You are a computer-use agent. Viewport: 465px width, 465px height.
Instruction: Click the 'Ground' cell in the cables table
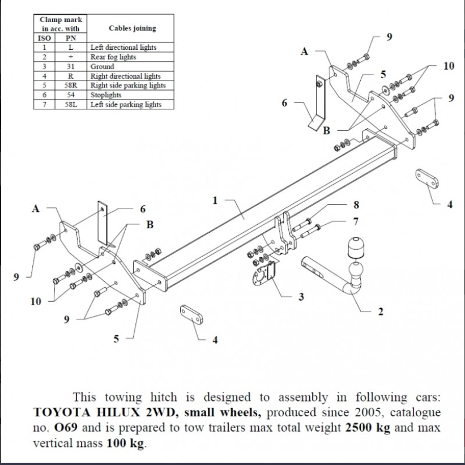[x=102, y=66]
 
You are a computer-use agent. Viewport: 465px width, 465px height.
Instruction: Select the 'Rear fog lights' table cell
[x=113, y=57]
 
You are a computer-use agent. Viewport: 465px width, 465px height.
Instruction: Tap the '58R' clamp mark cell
[x=71, y=86]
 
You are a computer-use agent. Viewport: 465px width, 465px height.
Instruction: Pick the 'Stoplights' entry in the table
[x=106, y=95]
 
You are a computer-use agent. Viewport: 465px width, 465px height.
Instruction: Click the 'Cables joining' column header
[x=132, y=28]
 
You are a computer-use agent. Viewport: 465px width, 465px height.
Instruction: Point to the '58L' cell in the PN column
[x=71, y=105]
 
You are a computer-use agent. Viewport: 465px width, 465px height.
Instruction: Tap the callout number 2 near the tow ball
[x=380, y=312]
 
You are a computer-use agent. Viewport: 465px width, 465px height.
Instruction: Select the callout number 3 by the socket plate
[x=300, y=296]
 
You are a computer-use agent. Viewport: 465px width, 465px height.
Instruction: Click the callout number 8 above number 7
[x=356, y=204]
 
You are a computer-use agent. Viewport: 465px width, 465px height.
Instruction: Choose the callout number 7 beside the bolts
[x=356, y=220]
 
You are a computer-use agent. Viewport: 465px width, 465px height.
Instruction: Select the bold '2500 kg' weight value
[x=367, y=428]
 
